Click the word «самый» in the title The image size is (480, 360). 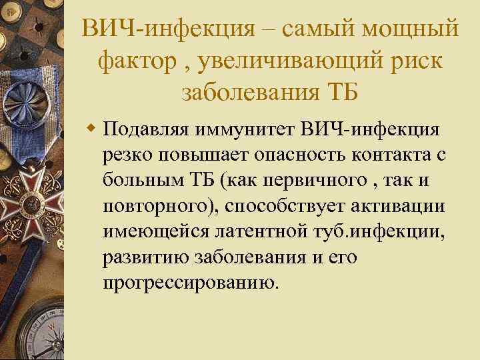tap(318, 28)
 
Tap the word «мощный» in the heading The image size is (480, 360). tap(414, 28)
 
